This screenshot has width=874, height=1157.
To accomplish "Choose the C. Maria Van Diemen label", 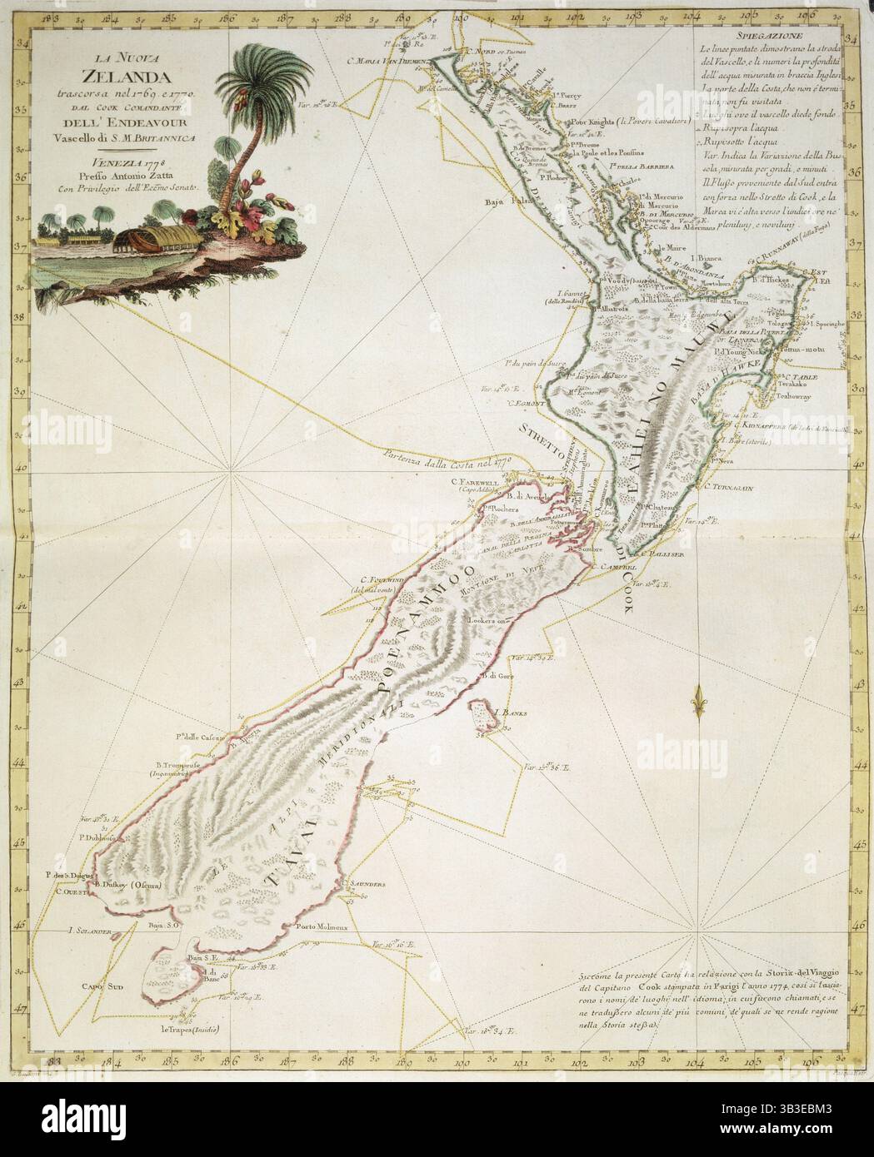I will tap(387, 62).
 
